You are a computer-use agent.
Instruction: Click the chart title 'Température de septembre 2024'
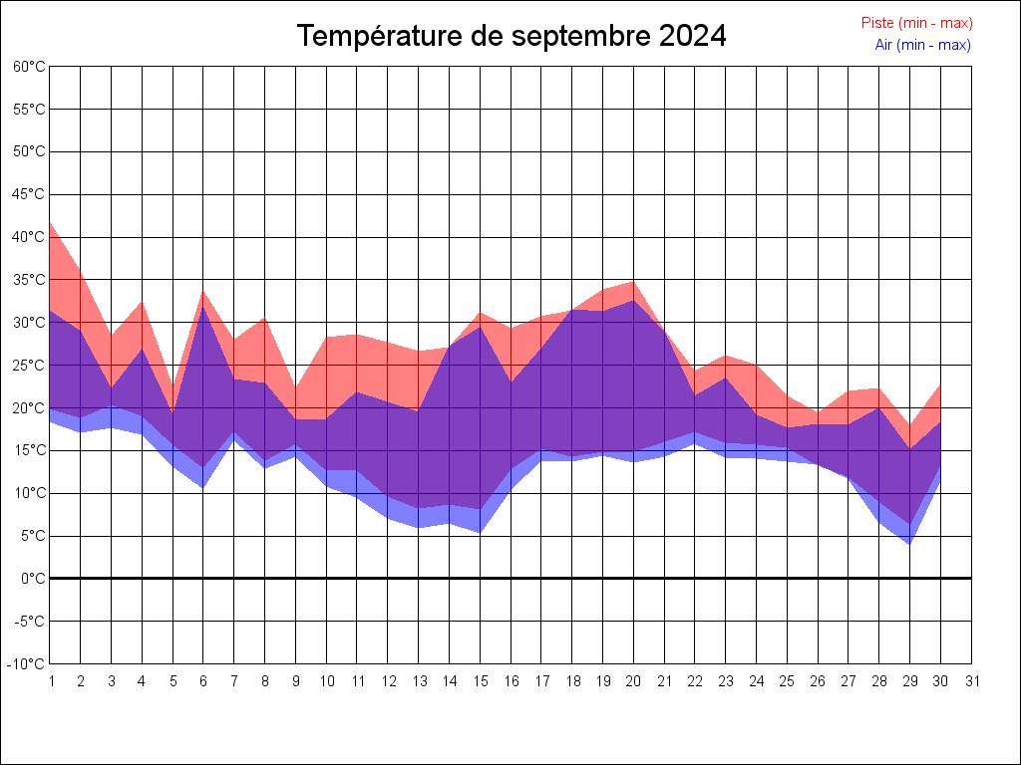511,36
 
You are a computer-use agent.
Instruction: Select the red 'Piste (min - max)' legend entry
916,23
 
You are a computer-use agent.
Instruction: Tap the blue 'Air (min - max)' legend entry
922,45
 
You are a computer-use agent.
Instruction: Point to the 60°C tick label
29,67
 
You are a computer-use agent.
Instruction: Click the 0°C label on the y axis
34,578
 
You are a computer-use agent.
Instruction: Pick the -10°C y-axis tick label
27,663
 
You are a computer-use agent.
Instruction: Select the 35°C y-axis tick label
29,280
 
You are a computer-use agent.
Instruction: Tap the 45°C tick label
29,194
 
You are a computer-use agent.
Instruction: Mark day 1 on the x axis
50,681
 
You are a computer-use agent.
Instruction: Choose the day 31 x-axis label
972,681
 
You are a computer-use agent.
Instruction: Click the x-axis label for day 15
481,681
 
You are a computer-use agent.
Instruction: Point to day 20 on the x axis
634,681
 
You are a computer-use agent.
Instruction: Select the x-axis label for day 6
203,681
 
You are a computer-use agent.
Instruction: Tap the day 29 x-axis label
910,681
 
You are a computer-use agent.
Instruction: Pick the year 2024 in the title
693,36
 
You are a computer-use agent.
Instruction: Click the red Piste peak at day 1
50,222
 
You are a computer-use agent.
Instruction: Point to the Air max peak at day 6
203,307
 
